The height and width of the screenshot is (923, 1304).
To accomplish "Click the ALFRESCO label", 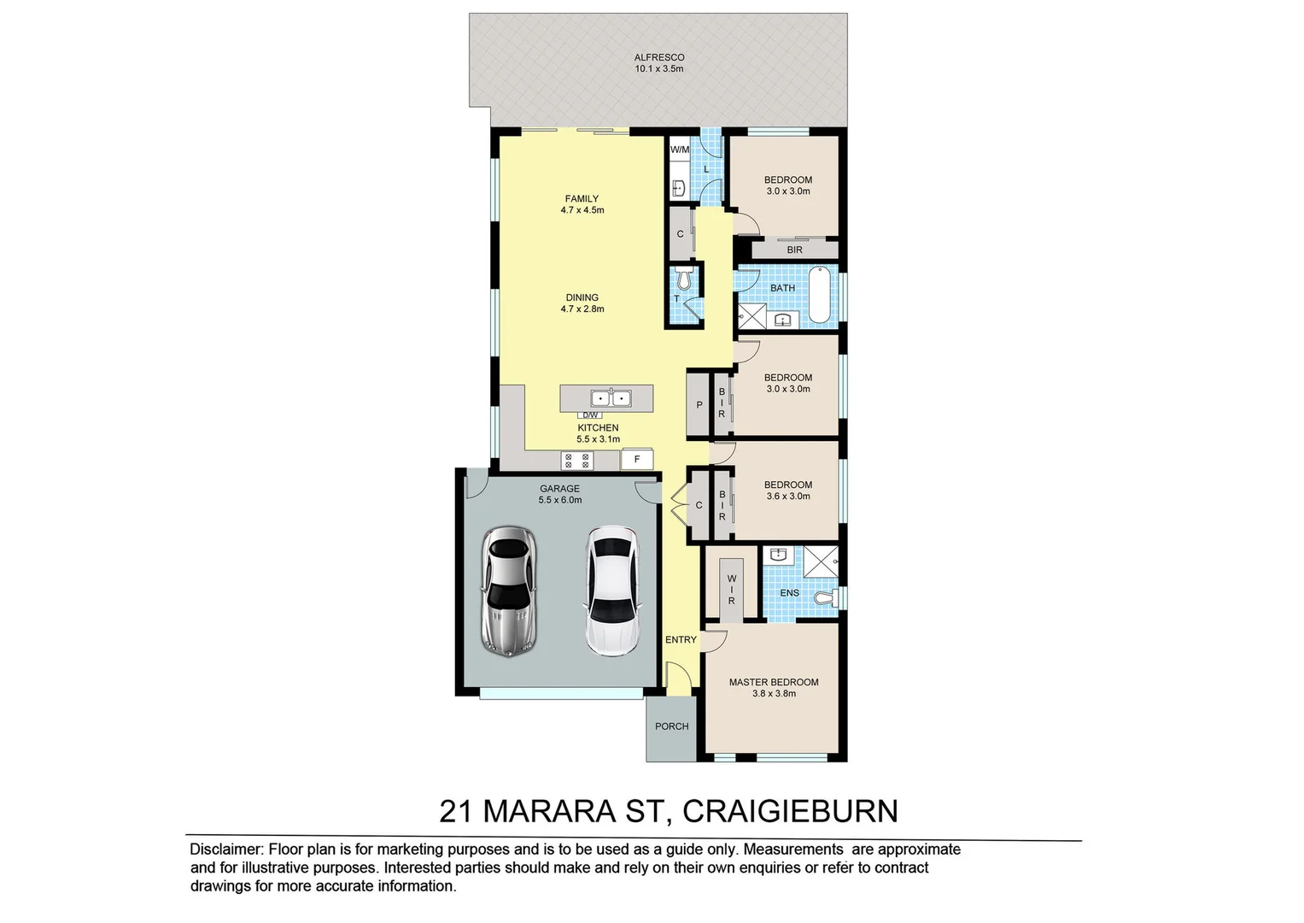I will pos(658,57).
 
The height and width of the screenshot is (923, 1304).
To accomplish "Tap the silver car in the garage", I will pos(509,591).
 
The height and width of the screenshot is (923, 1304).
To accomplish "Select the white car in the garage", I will pos(611,591).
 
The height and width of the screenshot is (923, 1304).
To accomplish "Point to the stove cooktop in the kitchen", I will pos(576,461).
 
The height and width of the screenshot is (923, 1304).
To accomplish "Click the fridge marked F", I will pos(636,460).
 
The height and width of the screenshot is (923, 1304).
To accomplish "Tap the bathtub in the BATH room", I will pos(819,295).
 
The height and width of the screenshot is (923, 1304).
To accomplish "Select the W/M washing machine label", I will pos(680,150).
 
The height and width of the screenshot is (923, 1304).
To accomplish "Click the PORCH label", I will pos(671,726).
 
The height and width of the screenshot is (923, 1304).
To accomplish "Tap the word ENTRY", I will pos(681,639).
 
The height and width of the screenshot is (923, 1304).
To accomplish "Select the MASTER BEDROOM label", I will pos(773,682).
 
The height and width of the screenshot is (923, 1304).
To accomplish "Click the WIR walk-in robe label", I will pos(732,590).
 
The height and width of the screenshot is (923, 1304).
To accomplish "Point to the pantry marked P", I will pos(699,405).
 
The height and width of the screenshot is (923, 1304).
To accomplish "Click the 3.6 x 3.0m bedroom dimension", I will pos(787,497).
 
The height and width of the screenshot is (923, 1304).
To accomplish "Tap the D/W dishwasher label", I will pos(590,415).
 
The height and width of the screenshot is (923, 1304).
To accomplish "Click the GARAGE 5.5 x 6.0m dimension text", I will pos(559,500).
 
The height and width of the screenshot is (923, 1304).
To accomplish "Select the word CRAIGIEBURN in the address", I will pos(790,810).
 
